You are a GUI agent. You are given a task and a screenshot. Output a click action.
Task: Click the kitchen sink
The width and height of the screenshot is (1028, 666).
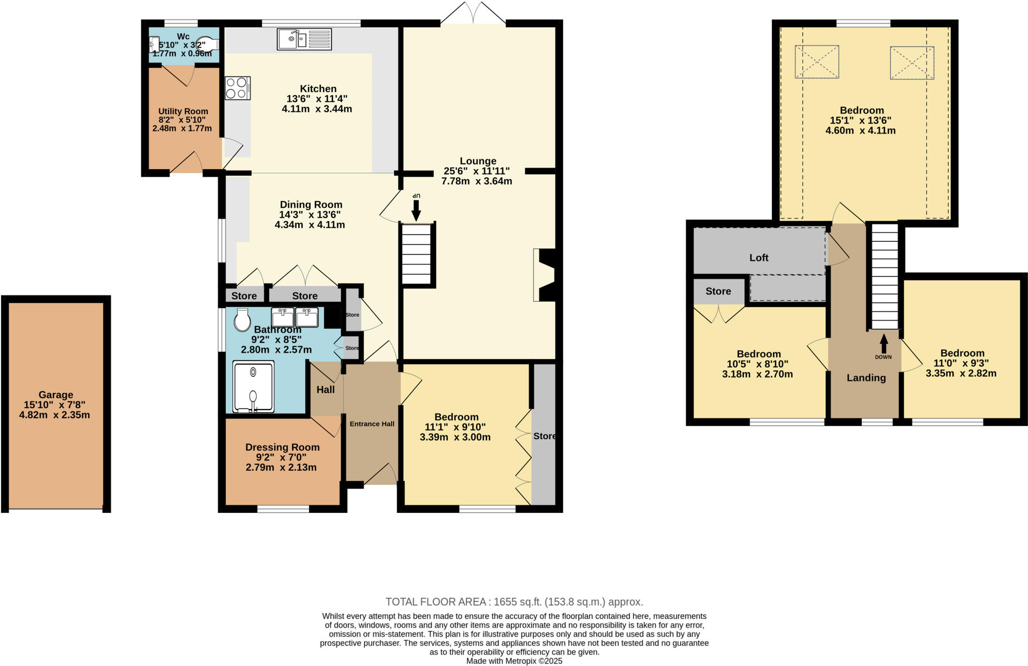pos(304,39)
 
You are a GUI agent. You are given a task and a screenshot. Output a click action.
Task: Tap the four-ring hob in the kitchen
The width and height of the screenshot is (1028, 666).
pos(237,88)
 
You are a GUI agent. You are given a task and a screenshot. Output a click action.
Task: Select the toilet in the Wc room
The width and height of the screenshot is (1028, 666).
pos(207,45)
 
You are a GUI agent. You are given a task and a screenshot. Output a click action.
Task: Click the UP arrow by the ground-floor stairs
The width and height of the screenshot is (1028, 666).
pos(416,207)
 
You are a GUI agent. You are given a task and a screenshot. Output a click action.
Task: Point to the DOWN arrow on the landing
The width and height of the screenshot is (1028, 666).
pos(883,346)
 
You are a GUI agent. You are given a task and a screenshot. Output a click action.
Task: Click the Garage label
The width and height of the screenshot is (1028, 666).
pos(56,395)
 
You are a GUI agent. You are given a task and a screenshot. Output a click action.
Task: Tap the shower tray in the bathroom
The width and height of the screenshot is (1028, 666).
pos(253,386)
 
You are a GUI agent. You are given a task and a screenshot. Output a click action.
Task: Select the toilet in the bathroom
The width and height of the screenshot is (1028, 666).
pos(242,320)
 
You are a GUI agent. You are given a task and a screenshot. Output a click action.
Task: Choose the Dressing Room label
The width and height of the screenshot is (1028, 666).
pos(282,447)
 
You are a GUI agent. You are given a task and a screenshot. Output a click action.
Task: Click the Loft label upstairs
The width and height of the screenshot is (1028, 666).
pos(758,258)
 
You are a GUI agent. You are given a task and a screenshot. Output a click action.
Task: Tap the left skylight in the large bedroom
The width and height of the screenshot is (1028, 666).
pos(817,62)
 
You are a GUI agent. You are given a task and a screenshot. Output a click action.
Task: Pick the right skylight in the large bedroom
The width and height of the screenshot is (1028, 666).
pos(912,63)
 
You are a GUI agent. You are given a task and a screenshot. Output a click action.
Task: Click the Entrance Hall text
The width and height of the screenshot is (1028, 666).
pos(372,424)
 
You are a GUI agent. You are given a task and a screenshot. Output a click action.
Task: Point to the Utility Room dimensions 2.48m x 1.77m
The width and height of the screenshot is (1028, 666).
pos(182,128)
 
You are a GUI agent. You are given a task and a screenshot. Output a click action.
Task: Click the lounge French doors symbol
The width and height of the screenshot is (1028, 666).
pos(473,14)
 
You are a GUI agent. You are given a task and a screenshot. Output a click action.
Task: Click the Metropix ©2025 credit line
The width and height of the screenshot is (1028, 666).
pos(514,661)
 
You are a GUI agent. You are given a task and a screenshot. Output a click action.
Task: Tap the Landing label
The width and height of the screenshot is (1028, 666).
pos(866,378)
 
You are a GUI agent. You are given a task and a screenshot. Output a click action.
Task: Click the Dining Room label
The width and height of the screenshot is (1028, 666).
pos(311,205)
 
